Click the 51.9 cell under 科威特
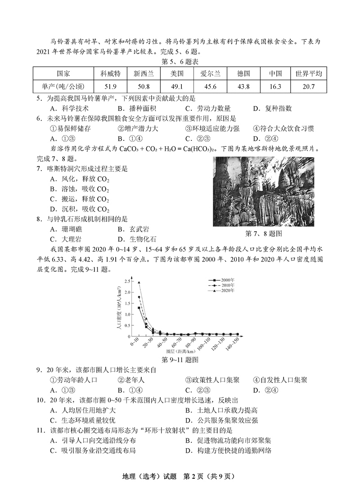click(110, 86)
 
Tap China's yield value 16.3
click(275, 86)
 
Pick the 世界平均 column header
click(309, 73)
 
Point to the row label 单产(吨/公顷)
click(63, 86)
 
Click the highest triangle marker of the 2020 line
click(139, 283)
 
